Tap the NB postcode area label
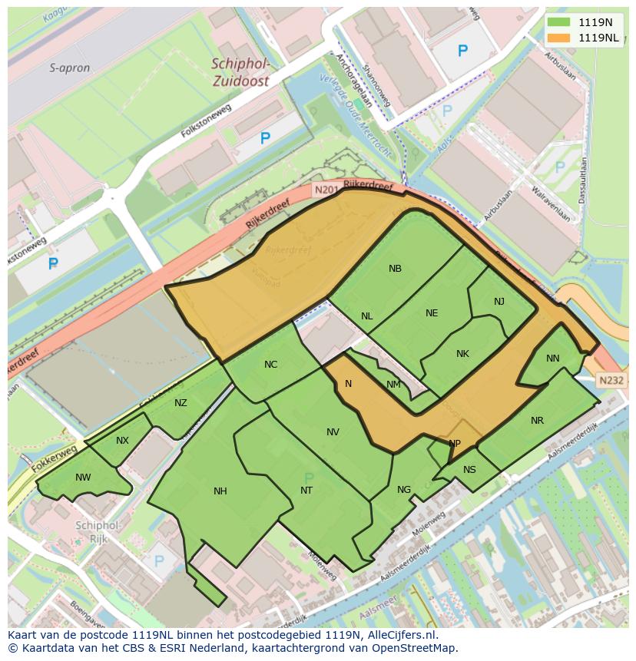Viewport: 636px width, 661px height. point(395,269)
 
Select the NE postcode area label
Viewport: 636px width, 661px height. point(432,313)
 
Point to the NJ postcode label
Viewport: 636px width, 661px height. point(499,302)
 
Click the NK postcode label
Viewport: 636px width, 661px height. point(462,354)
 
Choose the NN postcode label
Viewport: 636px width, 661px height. point(553,359)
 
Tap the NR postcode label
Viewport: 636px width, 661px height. point(537,421)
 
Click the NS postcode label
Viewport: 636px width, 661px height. point(469,471)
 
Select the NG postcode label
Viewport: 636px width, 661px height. point(404,490)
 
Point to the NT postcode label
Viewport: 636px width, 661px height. point(306,491)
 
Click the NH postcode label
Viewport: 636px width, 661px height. point(220,491)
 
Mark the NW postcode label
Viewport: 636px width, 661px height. point(83,478)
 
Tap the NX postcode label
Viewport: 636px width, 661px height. point(123,441)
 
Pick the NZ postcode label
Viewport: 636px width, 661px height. point(181,403)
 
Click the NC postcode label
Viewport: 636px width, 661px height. point(270,365)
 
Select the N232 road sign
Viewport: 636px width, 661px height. point(611,380)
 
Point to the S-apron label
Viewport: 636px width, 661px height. point(70,68)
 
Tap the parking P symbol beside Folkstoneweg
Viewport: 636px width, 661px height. point(265,139)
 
